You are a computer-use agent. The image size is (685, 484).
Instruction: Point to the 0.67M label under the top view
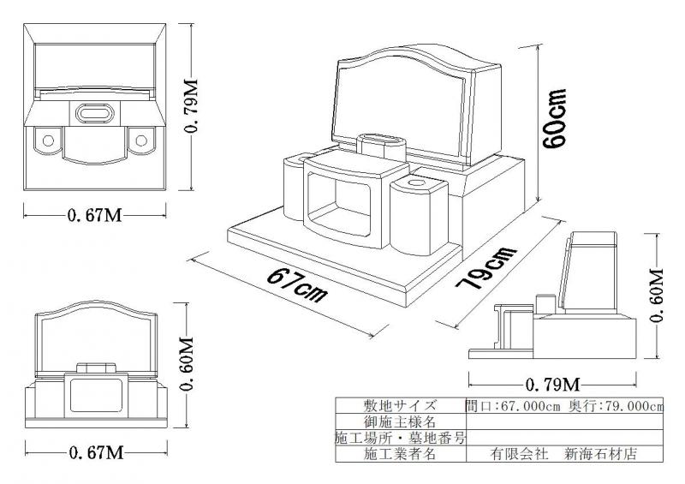tap(94, 214)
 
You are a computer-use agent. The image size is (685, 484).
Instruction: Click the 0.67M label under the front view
tap(94, 451)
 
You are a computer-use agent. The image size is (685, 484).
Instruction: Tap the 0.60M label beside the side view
tap(658, 296)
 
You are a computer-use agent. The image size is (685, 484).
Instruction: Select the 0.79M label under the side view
tap(552, 381)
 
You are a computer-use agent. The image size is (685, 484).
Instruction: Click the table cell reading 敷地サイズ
tap(401, 406)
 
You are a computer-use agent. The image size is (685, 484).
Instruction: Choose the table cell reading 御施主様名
tap(401, 422)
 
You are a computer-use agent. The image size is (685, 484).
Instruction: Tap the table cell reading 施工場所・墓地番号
tap(401, 438)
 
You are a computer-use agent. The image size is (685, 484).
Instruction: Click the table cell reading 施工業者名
tap(401, 454)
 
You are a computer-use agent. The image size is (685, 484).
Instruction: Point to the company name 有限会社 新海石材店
tap(563, 454)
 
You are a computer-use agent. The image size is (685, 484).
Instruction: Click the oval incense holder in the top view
tap(94, 111)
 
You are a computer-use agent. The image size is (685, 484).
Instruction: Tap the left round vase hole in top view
tap(48, 139)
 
